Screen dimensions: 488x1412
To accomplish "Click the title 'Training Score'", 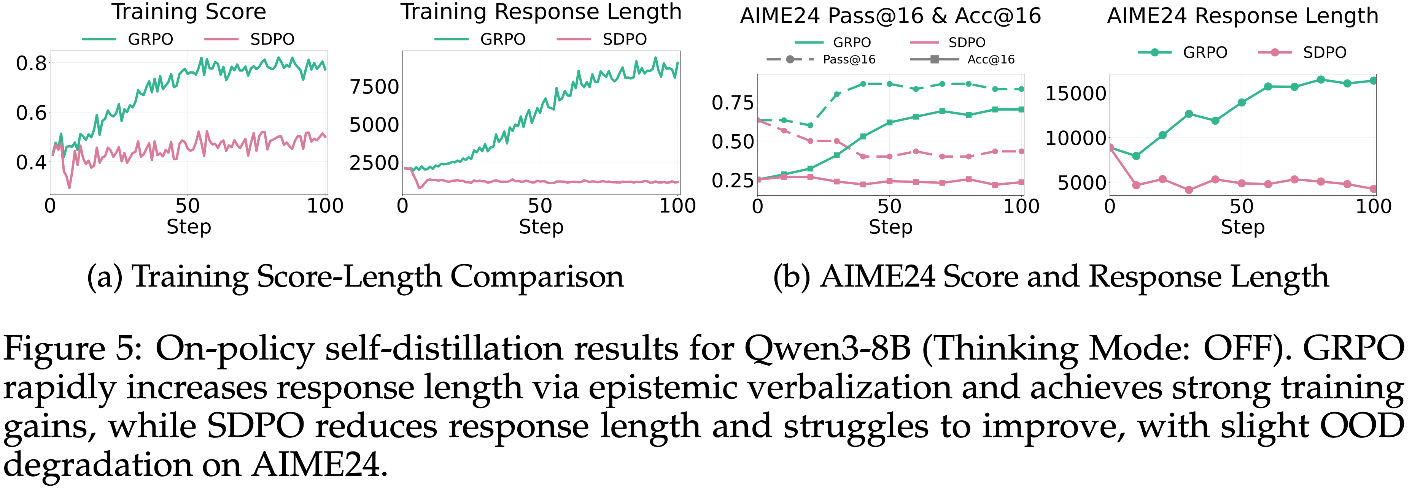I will [x=189, y=12].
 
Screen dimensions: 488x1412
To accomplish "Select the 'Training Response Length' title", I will [x=541, y=12].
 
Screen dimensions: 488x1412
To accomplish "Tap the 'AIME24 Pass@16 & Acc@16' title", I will [x=890, y=16].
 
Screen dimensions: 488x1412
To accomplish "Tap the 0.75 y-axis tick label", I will [x=733, y=102].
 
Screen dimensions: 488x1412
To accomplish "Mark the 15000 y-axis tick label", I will [x=1075, y=93].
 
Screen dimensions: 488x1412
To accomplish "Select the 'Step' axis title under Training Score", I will [x=189, y=226].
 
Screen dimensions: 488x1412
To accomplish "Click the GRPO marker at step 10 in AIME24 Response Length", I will [x=1136, y=156].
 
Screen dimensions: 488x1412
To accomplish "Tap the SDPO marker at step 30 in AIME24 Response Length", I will [x=1189, y=190].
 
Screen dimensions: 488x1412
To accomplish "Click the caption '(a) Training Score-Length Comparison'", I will [x=355, y=277].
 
